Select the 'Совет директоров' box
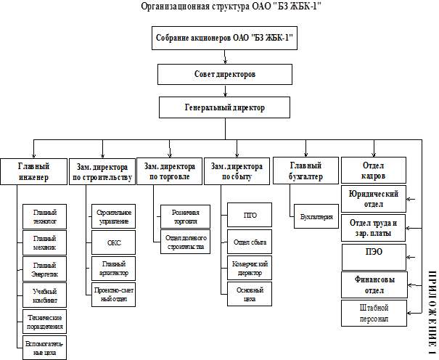click(226, 74)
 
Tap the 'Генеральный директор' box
click(226, 107)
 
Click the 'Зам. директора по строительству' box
click(102, 171)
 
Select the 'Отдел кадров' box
click(373, 171)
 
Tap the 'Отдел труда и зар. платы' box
click(374, 228)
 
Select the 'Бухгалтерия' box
click(316, 216)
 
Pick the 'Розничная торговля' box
click(185, 216)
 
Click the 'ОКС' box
click(114, 244)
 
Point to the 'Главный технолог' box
click(45, 216)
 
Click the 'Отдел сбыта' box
click(249, 242)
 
